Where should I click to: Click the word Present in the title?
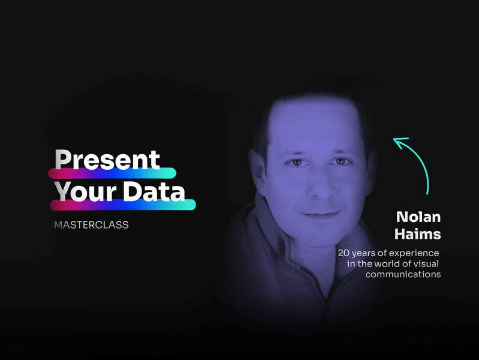tap(107, 160)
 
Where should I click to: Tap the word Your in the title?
tap(86, 191)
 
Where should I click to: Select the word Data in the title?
tap(155, 191)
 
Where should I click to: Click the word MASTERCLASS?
tap(91, 225)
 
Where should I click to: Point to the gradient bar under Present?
tap(112, 173)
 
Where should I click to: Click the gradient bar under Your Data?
tap(123, 205)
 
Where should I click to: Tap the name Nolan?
tap(418, 217)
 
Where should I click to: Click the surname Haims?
tap(418, 234)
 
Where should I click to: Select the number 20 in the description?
tap(344, 253)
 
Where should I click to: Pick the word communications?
tap(403, 274)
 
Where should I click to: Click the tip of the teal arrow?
tap(393, 139)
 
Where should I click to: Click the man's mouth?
tap(321, 214)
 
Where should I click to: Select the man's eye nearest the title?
tap(297, 162)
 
